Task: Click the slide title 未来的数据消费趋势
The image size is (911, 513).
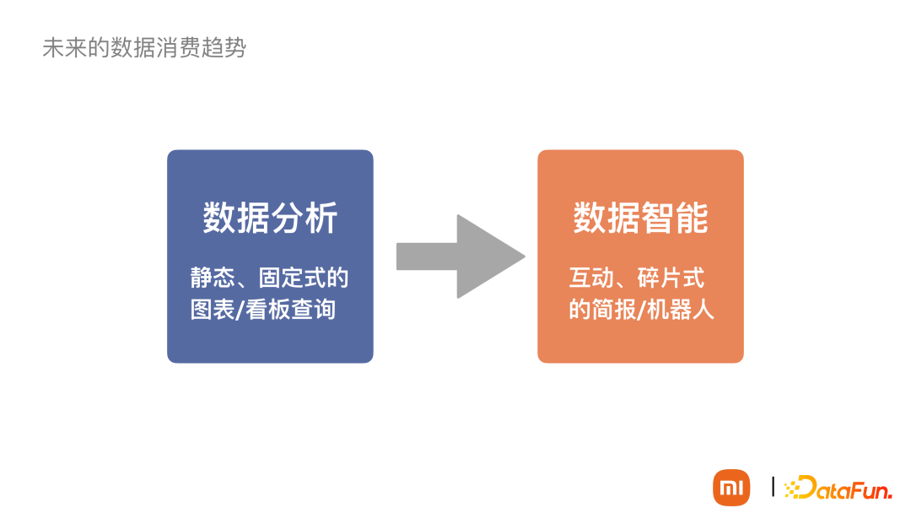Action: point(144,48)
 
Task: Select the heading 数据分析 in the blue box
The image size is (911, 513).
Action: point(270,218)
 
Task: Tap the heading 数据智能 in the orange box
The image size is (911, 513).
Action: point(640,218)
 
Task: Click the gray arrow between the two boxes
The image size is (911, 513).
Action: point(460,256)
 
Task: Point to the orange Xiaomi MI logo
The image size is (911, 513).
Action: point(731,487)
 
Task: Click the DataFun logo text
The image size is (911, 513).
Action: point(844,488)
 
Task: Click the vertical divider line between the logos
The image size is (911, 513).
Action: point(773,487)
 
